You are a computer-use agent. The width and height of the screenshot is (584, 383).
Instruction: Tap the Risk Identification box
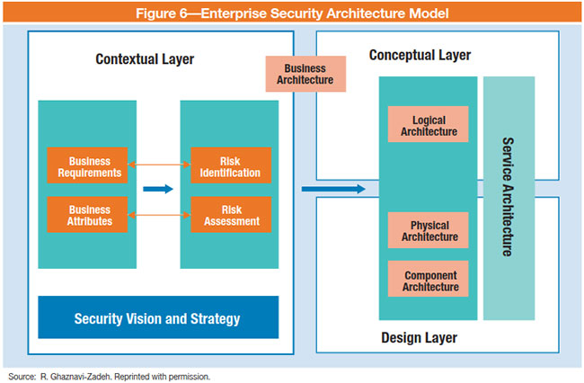click(231, 165)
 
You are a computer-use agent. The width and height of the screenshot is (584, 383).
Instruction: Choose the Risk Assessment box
click(231, 215)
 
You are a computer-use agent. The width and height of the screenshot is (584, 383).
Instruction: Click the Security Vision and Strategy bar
click(157, 318)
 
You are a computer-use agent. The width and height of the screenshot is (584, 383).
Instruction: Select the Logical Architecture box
click(429, 125)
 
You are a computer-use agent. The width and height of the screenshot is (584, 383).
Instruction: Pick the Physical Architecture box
click(429, 230)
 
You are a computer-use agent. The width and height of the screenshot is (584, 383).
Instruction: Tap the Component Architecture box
click(429, 281)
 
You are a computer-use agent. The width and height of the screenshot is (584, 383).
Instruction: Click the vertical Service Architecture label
click(508, 198)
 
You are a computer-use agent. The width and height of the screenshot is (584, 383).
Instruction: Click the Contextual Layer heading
click(145, 60)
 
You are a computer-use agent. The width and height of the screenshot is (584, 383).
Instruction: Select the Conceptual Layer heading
click(420, 56)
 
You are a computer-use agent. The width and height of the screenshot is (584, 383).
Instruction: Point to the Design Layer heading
click(420, 338)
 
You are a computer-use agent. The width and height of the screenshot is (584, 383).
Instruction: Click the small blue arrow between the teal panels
click(157, 189)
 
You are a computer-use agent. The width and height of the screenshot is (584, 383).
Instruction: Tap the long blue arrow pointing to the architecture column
click(333, 189)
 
